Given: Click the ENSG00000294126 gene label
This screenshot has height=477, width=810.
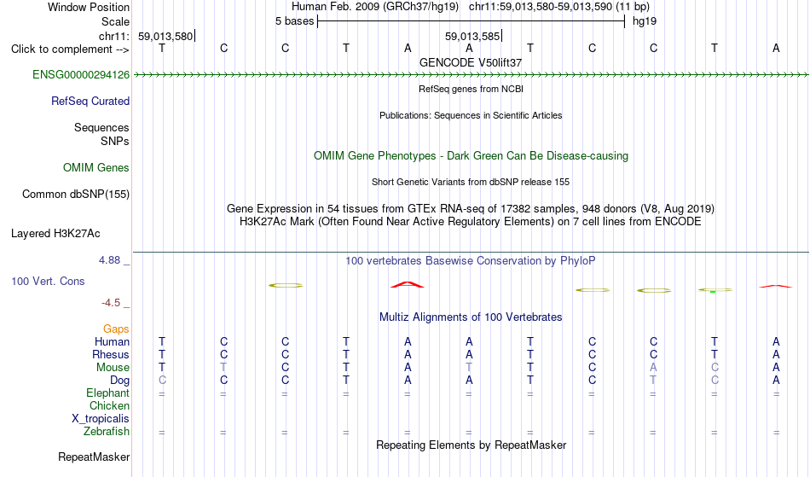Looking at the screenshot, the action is coord(81,75).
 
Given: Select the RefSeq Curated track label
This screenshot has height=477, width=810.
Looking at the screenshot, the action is coord(90,102).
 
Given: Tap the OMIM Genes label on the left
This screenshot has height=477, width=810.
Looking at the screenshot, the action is coord(96,168).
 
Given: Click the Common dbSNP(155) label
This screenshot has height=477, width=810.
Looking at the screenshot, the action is coord(76,195).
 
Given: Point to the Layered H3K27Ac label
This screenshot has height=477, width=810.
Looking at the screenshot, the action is coord(55,234).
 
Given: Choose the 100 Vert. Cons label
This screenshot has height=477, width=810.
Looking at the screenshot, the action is coord(48,281).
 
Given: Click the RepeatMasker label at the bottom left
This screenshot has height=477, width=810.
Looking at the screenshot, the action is coord(94,457).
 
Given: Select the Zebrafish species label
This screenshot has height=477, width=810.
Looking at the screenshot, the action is coord(107,432).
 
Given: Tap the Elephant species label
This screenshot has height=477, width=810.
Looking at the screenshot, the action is coord(108,393).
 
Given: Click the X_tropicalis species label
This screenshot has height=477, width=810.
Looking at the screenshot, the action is coord(101,419).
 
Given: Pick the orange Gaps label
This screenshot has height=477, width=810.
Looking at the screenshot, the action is coord(116,329).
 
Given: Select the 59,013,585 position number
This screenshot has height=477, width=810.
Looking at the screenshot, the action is coord(472,36).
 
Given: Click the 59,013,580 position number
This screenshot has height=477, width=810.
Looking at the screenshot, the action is coord(165,36).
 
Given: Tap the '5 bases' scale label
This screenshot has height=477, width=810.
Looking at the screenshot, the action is coord(294,21).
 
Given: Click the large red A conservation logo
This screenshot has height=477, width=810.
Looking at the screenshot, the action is coord(408,285).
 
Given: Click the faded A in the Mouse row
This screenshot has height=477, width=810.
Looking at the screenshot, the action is coord(653,368).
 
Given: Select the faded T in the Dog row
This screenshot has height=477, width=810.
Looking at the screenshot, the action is coord(653,381).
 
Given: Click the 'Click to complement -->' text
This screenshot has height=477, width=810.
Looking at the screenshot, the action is coord(70,49).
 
